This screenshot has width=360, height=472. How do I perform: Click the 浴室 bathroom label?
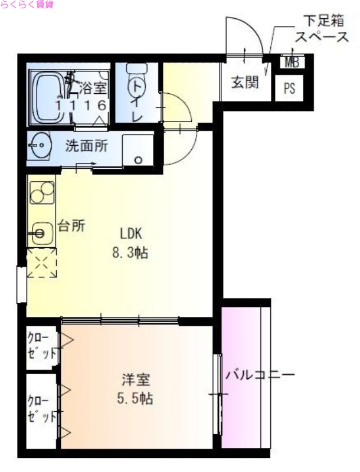pyautogui.click(x=94, y=89)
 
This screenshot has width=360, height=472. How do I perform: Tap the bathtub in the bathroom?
pyautogui.click(x=50, y=97)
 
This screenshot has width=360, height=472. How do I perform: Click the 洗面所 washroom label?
pyautogui.click(x=87, y=145)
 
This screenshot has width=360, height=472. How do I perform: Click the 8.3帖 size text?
pyautogui.click(x=130, y=254)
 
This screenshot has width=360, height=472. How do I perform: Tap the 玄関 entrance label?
pyautogui.click(x=244, y=82)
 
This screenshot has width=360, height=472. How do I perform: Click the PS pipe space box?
pyautogui.click(x=290, y=88)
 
